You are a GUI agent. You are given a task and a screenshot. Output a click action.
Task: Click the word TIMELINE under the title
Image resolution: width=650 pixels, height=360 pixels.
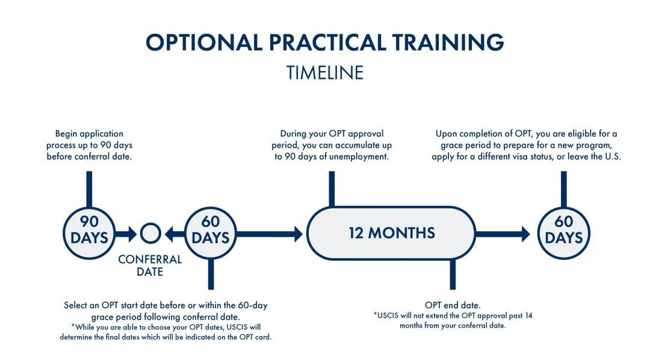tap(325, 73)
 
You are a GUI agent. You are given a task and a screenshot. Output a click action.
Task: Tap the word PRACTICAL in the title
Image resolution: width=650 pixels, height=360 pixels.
tap(327, 42)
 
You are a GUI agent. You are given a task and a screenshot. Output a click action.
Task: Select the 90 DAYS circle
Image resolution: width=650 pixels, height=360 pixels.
tap(89, 233)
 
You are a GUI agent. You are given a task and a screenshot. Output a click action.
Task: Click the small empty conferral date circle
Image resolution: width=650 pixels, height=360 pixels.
tap(150, 234)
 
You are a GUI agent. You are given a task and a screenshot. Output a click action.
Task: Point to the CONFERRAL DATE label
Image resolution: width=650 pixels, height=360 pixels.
tap(150, 265)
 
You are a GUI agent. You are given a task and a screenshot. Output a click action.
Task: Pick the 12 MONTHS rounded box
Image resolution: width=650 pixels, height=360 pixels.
tap(391, 233)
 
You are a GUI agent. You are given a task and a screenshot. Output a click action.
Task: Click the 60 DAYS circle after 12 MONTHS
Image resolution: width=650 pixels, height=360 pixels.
tap(564, 233)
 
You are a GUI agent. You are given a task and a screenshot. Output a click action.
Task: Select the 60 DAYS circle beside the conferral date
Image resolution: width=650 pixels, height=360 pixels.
tap(211, 233)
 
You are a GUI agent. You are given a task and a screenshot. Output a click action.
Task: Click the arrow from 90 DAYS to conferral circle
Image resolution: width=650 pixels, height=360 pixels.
tap(126, 234)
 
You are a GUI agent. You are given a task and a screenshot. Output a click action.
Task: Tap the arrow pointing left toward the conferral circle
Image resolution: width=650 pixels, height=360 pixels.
tap(175, 234)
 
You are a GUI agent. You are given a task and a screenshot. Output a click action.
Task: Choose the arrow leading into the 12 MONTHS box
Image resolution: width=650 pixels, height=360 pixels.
tap(270, 234)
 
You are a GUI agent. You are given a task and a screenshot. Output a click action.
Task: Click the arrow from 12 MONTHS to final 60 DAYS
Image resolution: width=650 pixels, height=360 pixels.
tap(503, 234)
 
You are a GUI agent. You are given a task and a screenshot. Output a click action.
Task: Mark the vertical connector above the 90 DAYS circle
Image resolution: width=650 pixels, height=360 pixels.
tap(89, 190)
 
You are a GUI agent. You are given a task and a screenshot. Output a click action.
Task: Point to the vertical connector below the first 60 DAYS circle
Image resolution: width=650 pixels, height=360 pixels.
tap(211, 274)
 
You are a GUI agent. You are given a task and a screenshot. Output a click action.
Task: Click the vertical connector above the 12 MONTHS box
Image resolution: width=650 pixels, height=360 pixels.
tap(332, 189)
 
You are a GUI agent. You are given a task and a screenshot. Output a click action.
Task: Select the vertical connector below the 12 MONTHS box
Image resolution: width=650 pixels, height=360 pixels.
tap(453, 274)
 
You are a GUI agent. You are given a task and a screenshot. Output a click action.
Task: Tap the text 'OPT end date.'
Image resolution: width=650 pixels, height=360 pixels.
tap(453, 305)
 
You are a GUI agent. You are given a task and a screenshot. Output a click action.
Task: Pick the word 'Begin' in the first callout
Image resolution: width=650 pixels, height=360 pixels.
tap(66, 134)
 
